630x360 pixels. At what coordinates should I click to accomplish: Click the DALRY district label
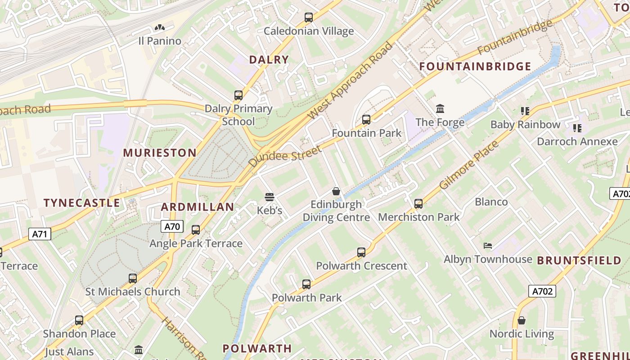[269, 59]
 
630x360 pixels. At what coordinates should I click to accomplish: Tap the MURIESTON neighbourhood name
[160, 153]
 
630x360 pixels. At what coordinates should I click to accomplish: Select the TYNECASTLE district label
[82, 202]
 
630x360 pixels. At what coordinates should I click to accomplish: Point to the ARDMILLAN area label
[198, 207]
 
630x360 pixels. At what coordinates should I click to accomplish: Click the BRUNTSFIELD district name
[579, 261]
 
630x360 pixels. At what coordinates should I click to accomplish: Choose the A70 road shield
[172, 226]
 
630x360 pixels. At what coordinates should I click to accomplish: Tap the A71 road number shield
[40, 234]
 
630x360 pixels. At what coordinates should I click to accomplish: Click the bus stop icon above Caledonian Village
[308, 18]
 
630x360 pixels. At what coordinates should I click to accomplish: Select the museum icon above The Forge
[440, 108]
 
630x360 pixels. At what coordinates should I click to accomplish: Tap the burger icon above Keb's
[270, 197]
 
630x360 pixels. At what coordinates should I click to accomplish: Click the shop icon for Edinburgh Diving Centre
[336, 191]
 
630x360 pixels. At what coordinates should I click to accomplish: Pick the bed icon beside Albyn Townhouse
[488, 246]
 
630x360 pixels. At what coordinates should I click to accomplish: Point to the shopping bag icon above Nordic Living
[522, 320]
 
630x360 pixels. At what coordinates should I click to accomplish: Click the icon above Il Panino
[159, 28]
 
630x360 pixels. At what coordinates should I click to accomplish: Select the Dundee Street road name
[285, 156]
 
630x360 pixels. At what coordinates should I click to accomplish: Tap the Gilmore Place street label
[469, 165]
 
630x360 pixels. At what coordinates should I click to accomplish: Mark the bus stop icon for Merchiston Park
[418, 204]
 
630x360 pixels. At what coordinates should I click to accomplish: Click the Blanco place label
[491, 202]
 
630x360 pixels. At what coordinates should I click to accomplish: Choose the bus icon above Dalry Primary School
[238, 95]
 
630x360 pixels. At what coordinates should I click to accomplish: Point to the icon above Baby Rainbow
[525, 111]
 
